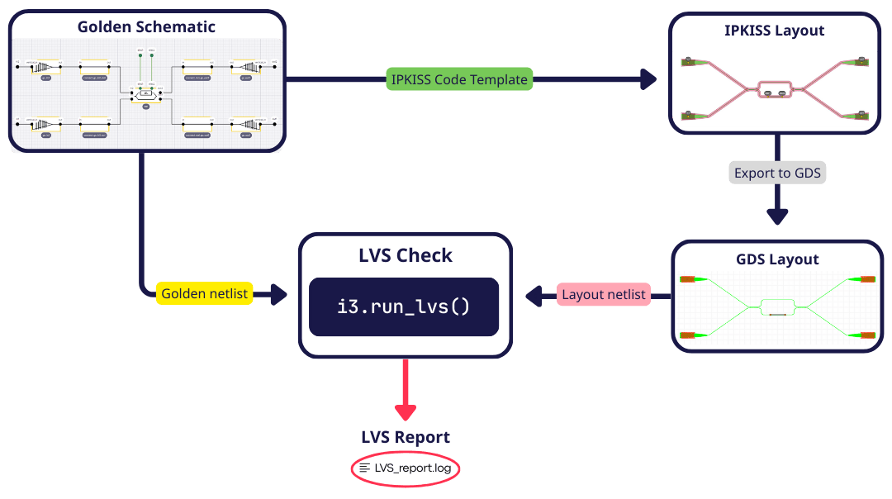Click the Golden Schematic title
(x=146, y=26)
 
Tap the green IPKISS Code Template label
(x=459, y=79)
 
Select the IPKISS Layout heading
(x=775, y=31)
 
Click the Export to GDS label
(x=777, y=173)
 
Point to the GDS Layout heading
(x=777, y=259)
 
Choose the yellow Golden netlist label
(x=204, y=294)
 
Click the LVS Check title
(x=405, y=255)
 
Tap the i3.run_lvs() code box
(x=404, y=307)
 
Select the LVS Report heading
(x=405, y=437)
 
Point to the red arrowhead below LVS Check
(x=405, y=410)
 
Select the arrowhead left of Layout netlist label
(x=538, y=294)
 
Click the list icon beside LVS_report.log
(x=364, y=468)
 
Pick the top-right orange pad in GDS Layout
(x=867, y=279)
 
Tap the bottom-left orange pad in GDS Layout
(x=687, y=335)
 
